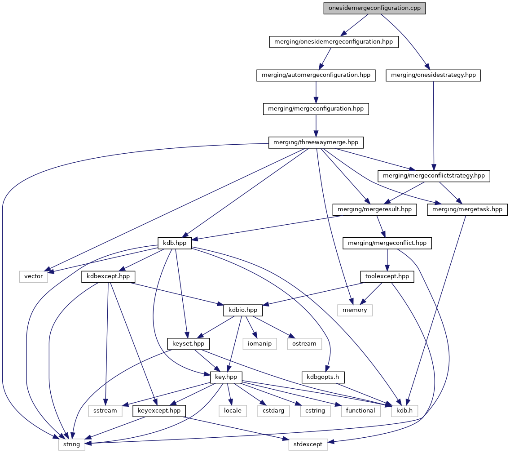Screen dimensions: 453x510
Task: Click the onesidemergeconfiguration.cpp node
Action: pyautogui.click(x=374, y=8)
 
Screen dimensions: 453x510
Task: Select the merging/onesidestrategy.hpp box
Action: pyautogui.click(x=433, y=75)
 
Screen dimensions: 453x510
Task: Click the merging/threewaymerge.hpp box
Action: pyautogui.click(x=316, y=143)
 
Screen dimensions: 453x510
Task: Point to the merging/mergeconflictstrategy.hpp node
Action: pyautogui.click(x=434, y=176)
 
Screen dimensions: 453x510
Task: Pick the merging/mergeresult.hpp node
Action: pyautogui.click(x=374, y=209)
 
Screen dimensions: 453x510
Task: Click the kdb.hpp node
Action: pyautogui.click(x=175, y=243)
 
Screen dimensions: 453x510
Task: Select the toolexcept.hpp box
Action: pyautogui.click(x=387, y=276)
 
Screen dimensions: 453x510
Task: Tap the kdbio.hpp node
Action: pyautogui.click(x=243, y=310)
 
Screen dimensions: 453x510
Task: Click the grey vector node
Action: pyautogui.click(x=34, y=276)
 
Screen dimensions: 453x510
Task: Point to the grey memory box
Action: pyautogui.click(x=355, y=310)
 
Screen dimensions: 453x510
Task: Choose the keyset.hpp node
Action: pyautogui.click(x=188, y=344)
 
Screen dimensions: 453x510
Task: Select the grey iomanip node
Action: pyautogui.click(x=260, y=344)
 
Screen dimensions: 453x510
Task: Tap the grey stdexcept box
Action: pyautogui.click(x=308, y=444)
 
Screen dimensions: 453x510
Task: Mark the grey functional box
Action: pyautogui.click(x=360, y=410)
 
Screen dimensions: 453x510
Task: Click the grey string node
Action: pyautogui.click(x=71, y=444)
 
